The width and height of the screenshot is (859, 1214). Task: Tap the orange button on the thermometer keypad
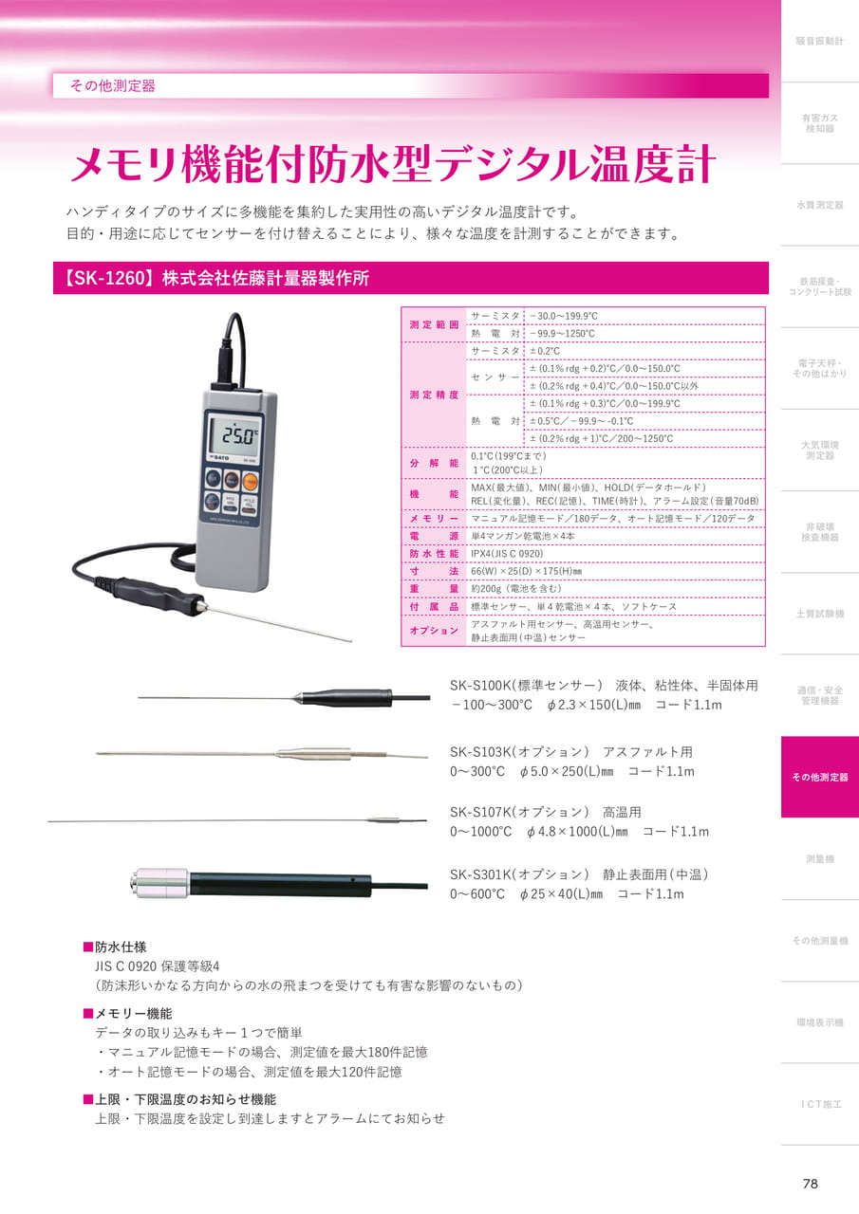(250, 480)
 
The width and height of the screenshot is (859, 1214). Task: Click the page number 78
(811, 1183)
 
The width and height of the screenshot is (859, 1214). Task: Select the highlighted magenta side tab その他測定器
(820, 777)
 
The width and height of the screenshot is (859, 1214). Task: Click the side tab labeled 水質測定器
(820, 205)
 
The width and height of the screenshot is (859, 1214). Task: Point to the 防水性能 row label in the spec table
(434, 553)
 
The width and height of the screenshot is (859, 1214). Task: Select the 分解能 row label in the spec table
(434, 463)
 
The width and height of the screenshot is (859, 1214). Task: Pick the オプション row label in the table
(434, 631)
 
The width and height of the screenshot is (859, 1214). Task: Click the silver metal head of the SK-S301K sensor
(159, 883)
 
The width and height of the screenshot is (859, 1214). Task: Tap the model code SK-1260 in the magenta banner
(110, 278)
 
